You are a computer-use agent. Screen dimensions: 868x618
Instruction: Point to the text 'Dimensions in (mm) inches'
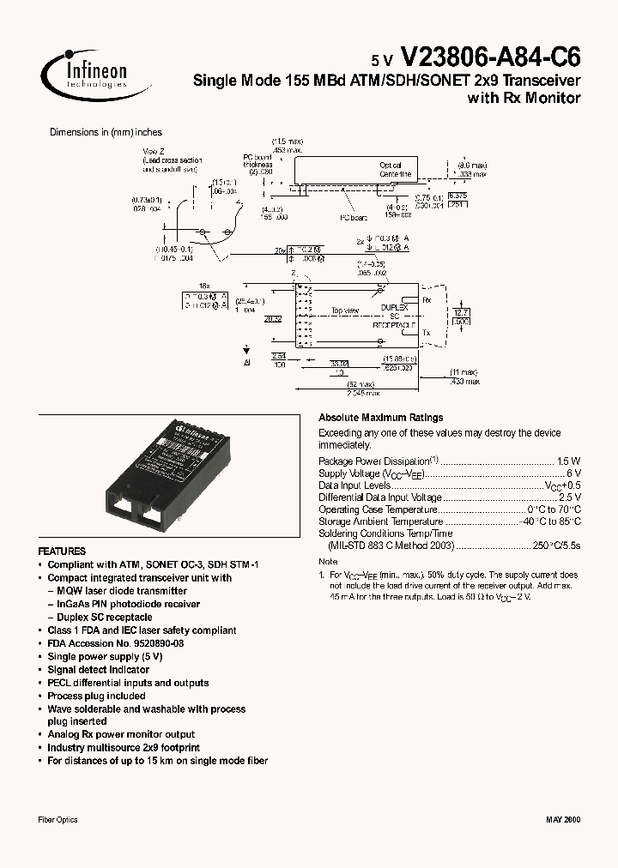(106, 132)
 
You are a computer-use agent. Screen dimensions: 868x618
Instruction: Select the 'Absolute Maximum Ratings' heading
(380, 418)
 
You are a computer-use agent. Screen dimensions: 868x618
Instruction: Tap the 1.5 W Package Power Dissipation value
(568, 461)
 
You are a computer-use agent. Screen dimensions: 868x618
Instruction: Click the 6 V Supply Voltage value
(574, 473)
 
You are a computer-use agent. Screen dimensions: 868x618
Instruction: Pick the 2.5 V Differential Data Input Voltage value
(570, 497)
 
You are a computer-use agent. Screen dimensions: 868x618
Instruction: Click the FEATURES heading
(62, 552)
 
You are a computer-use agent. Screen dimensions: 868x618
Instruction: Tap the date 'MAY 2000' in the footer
(562, 820)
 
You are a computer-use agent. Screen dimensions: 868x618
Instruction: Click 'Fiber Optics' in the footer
(58, 820)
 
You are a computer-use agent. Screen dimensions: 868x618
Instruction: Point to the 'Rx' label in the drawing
(428, 299)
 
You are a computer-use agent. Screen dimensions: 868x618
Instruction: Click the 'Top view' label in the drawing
(345, 310)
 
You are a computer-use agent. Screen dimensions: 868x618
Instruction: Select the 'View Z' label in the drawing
(154, 150)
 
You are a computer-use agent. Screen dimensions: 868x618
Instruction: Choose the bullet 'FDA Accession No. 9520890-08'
(115, 643)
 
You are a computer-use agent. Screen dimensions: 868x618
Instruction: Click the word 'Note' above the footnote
(328, 562)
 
